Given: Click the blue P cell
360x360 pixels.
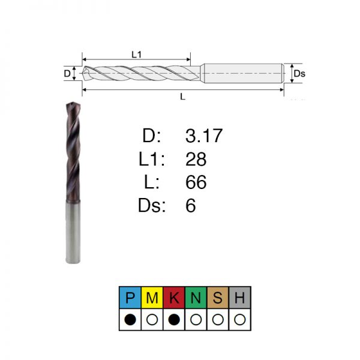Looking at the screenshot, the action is [x=130, y=298].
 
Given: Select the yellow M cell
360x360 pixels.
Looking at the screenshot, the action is [x=152, y=298].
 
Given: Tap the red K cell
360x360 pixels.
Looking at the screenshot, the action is [x=174, y=298].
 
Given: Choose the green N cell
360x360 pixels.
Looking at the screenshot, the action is [x=196, y=298].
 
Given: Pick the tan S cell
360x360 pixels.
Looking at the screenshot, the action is [x=218, y=298].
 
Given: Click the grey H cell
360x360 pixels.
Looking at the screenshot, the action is [x=239, y=298].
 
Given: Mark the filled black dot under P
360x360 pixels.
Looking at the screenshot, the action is [x=130, y=319].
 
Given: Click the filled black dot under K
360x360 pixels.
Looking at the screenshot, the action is [x=174, y=319].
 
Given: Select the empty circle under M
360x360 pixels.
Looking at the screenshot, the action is [x=152, y=319].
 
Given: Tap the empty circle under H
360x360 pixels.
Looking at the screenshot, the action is [x=239, y=319].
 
